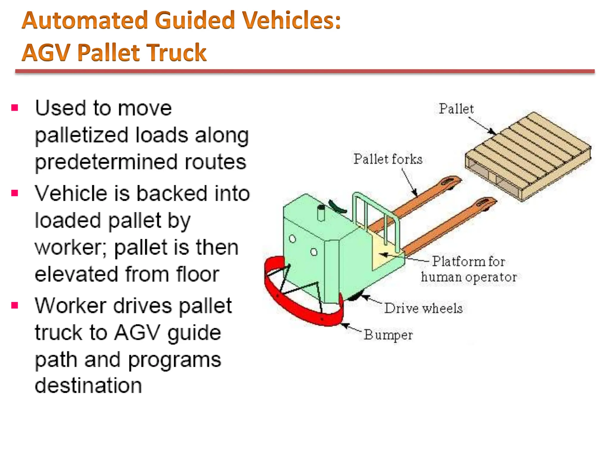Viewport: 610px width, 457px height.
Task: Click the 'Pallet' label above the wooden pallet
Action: tap(456, 109)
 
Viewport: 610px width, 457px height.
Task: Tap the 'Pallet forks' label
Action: tap(388, 159)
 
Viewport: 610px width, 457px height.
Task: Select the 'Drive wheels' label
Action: tap(423, 308)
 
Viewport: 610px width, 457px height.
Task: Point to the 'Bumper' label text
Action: tap(388, 335)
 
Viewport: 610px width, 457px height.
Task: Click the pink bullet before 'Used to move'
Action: tap(15, 108)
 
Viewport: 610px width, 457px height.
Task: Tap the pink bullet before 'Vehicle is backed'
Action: tap(15, 193)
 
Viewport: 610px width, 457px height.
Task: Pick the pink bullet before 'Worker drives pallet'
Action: tap(15, 306)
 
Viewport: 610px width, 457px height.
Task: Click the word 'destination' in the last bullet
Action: tap(88, 386)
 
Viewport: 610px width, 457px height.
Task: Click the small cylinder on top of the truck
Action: tap(321, 213)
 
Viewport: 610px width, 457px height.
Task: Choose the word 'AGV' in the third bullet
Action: tap(137, 333)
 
